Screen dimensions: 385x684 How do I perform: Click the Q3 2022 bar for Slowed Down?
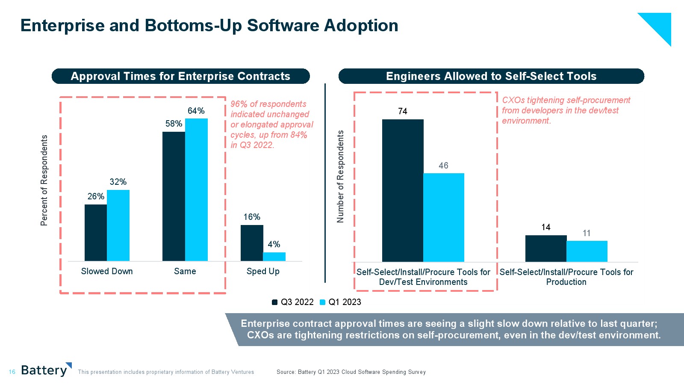[x=96, y=233]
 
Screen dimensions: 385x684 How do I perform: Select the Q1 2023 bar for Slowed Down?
[x=118, y=225]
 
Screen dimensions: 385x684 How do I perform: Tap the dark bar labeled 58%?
[x=174, y=196]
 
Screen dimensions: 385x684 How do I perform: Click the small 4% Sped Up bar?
[x=274, y=257]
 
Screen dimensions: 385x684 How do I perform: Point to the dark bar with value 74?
[x=403, y=190]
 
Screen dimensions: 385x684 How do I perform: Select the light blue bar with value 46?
[x=444, y=217]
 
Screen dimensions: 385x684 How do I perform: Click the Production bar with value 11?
[x=587, y=251]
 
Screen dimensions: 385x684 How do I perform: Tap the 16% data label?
[x=252, y=217]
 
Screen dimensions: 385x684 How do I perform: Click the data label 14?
[x=546, y=227]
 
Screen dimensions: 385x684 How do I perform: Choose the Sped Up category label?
[x=263, y=271]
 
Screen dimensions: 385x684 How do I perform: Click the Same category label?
[x=185, y=271]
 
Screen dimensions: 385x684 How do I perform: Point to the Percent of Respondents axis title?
[x=44, y=180]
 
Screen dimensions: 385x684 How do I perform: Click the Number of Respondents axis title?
[x=340, y=176]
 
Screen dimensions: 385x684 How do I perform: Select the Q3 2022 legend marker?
[x=275, y=302]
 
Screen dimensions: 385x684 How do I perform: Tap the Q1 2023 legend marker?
[x=323, y=302]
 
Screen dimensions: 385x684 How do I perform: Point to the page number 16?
[x=12, y=372]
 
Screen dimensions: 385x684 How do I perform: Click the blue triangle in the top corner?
[x=660, y=24]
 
